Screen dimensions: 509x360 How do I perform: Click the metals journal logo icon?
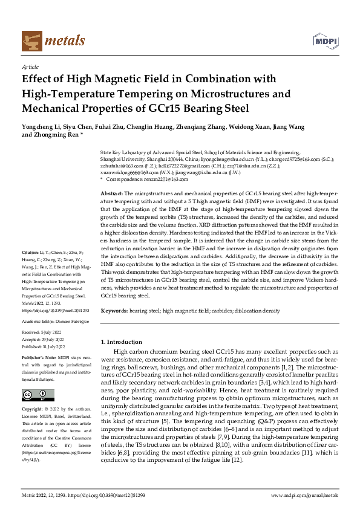pos(30,39)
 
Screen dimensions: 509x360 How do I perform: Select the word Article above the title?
pos(30,68)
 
